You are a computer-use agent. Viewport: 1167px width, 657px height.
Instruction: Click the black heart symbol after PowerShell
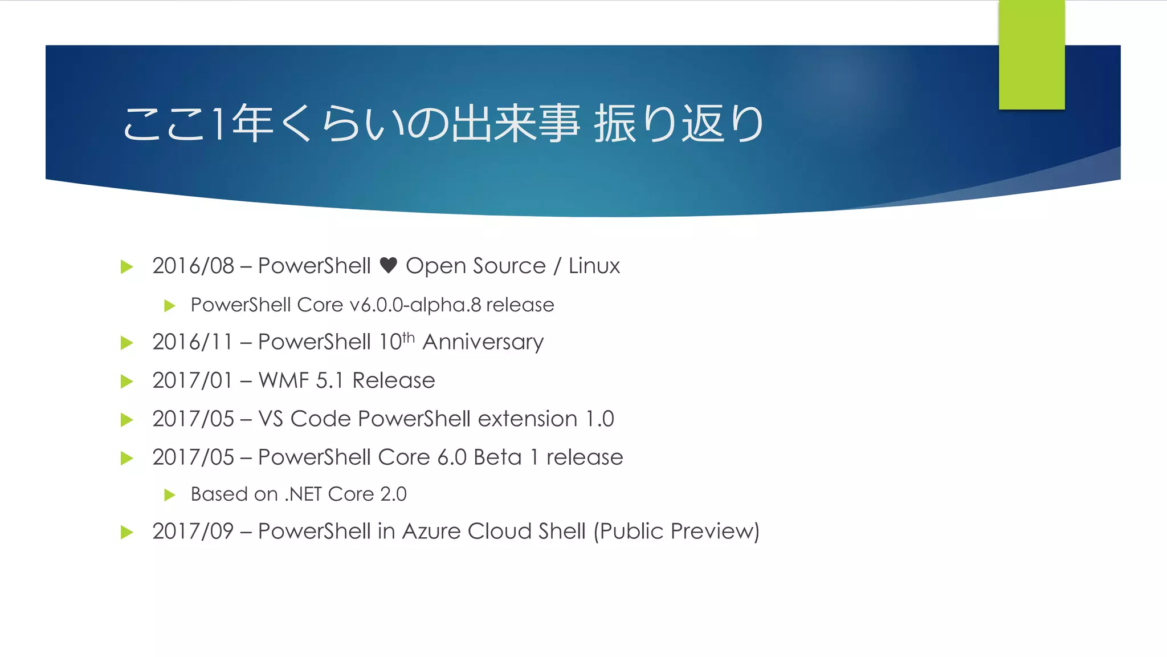click(388, 265)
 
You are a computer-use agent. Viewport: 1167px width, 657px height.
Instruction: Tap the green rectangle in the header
click(1031, 55)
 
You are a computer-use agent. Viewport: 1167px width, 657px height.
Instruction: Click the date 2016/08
click(193, 266)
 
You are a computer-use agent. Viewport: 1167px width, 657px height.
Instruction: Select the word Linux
click(594, 266)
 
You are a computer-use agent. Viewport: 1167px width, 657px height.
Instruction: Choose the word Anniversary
click(483, 342)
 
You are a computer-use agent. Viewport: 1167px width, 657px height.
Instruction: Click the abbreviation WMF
click(283, 380)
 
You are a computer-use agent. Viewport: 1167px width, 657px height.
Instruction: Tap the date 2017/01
click(193, 380)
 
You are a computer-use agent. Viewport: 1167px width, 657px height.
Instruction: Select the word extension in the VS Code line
click(528, 419)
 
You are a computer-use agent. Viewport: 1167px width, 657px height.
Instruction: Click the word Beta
click(497, 457)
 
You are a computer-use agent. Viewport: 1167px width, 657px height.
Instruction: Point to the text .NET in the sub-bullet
click(303, 494)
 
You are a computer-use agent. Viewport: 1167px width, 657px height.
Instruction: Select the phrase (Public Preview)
click(676, 532)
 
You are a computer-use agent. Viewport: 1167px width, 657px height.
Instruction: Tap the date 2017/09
click(193, 532)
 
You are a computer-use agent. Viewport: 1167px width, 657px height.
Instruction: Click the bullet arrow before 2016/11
click(127, 343)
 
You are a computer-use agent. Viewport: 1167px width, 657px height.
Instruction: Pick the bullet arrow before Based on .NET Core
click(169, 494)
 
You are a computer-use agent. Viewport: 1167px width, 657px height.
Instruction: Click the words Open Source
click(475, 266)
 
